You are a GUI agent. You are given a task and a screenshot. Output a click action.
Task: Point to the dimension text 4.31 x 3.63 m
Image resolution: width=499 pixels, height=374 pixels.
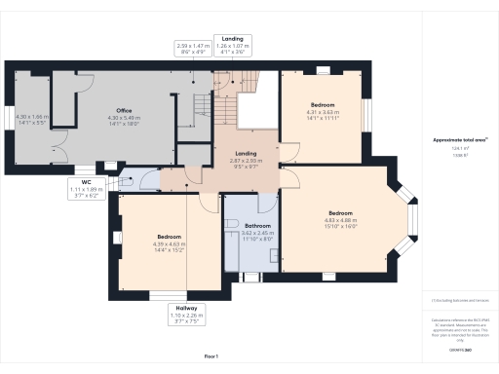click(x=323, y=111)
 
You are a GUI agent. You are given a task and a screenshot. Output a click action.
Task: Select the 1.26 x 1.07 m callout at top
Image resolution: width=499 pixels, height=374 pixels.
click(x=232, y=46)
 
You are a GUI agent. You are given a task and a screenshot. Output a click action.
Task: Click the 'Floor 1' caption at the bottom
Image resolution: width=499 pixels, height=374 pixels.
click(x=211, y=356)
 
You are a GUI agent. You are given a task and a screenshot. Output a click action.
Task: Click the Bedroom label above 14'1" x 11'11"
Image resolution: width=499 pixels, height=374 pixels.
click(x=323, y=104)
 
